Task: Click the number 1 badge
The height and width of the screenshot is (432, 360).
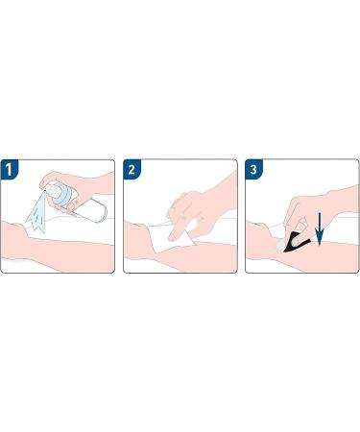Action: click(x=10, y=169)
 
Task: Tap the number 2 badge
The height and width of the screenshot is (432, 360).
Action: click(x=132, y=169)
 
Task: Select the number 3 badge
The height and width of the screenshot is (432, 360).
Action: click(x=253, y=169)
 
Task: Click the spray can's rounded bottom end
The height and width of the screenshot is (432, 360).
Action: click(x=103, y=209)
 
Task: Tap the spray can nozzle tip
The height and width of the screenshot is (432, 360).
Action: click(x=45, y=191)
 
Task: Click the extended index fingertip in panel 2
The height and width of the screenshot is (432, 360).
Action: click(x=172, y=237)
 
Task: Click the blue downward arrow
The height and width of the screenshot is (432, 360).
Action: click(x=320, y=229)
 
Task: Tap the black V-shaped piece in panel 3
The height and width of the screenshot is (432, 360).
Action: click(x=296, y=242)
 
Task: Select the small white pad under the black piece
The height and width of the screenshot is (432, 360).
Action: click(x=281, y=245)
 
